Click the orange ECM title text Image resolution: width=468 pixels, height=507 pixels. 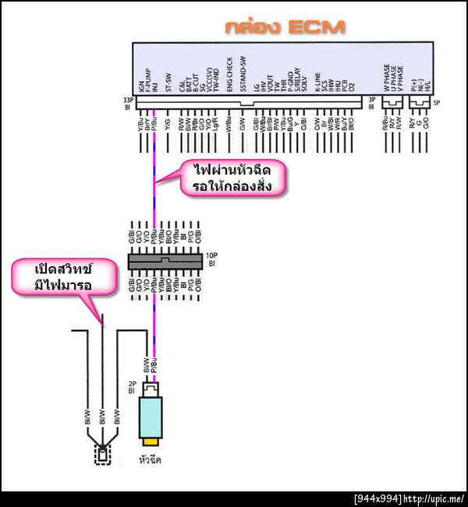[285, 27]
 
